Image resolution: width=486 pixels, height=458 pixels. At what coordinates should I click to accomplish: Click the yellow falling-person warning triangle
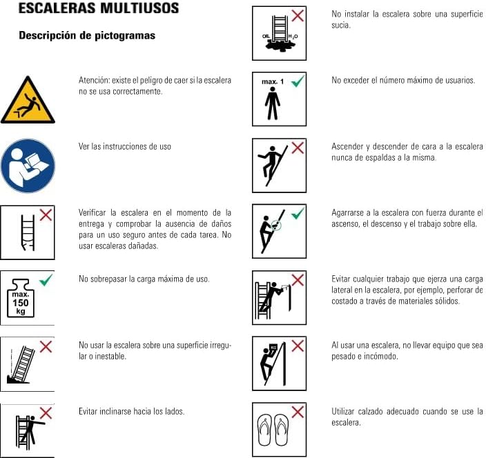click(x=28, y=101)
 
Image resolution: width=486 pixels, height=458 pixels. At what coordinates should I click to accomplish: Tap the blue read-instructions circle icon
click(x=28, y=166)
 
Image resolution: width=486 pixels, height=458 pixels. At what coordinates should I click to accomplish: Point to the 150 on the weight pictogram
click(x=21, y=303)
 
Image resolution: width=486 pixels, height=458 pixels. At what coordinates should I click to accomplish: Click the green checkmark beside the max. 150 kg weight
click(x=46, y=280)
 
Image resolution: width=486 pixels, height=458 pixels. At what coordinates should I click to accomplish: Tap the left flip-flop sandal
click(x=264, y=430)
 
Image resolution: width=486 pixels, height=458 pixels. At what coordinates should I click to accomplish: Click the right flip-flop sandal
click(x=282, y=430)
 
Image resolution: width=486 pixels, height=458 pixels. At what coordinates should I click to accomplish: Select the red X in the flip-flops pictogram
click(x=298, y=412)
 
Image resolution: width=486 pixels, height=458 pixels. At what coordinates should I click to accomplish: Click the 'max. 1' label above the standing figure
click(x=273, y=82)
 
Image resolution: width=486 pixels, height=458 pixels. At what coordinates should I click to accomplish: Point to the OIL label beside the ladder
click(x=266, y=37)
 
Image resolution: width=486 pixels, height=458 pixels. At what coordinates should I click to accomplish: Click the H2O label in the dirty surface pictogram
click(x=293, y=37)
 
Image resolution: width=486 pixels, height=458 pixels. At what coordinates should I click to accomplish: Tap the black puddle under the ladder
click(x=279, y=46)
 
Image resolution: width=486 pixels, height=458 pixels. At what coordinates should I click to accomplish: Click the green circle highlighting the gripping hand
click(x=276, y=225)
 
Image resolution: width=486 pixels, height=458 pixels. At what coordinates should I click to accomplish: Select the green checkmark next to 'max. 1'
click(x=298, y=81)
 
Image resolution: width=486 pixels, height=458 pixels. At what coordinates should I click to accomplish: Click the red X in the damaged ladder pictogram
click(x=46, y=215)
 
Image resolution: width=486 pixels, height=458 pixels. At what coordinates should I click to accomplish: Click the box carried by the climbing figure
click(x=273, y=348)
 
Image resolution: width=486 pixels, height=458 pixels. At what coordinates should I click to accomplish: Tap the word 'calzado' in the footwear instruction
click(x=371, y=412)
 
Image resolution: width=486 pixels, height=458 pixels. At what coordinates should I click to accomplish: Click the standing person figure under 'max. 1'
click(x=273, y=103)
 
